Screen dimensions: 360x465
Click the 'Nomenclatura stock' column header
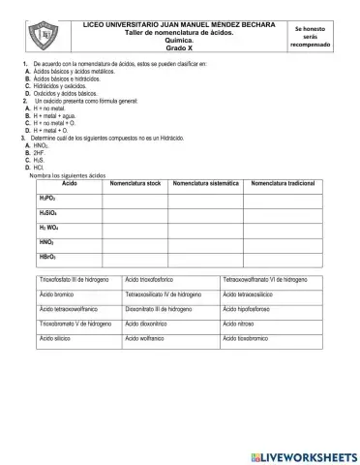click(135, 183)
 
